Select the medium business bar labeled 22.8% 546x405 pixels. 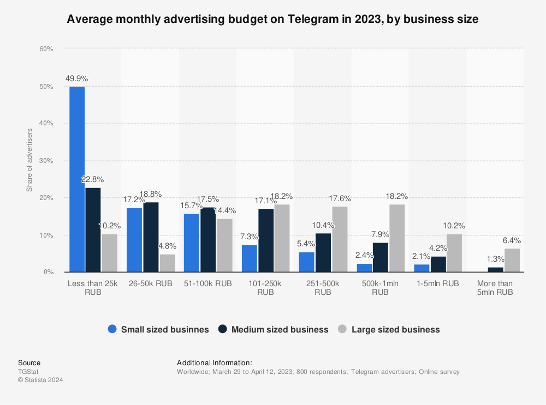click(93, 229)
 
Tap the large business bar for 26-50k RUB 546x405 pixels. click(168, 263)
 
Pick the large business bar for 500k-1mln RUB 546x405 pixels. click(397, 238)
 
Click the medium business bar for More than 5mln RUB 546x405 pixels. click(495, 269)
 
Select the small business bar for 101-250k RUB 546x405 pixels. click(249, 258)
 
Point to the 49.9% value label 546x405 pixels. click(76, 78)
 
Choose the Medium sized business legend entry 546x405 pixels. click(280, 329)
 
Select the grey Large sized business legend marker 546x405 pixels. click(342, 329)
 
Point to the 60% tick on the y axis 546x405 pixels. click(46, 49)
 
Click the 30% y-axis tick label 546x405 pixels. click(46, 161)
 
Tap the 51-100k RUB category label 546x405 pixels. click(208, 283)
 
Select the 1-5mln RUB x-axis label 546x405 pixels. click(437, 283)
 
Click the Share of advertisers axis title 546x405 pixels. click(29, 160)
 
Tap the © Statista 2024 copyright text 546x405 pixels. click(40, 380)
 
